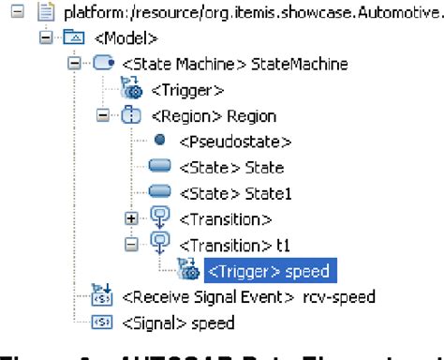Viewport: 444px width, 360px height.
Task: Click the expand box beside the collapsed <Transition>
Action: (x=131, y=219)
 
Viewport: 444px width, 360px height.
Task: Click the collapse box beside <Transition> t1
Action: (x=131, y=246)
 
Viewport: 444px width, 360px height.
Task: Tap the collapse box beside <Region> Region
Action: (x=103, y=116)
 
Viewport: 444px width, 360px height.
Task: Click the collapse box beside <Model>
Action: (x=44, y=39)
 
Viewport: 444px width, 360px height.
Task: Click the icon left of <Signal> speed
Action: (x=101, y=323)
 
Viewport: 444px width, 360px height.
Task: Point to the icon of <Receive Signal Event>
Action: (x=101, y=297)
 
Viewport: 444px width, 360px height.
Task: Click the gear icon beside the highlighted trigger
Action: (x=187, y=271)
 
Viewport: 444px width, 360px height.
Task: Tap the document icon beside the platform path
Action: (x=44, y=13)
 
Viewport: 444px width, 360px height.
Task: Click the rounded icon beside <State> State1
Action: (x=159, y=194)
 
